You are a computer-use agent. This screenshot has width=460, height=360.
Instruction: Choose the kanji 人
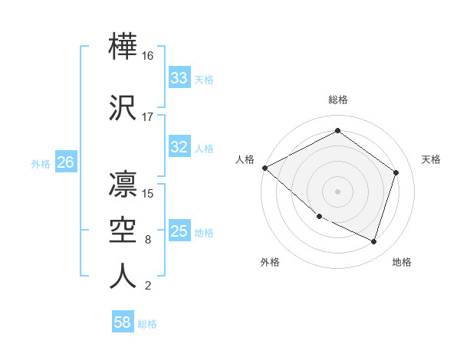123,276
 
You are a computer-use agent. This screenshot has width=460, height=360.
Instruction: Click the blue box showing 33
179,78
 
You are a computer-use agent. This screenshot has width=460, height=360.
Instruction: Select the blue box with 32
179,147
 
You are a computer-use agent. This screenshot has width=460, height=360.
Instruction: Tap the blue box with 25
179,231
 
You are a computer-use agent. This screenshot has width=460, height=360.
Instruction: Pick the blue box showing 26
66,162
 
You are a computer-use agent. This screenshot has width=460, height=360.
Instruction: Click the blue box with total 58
123,322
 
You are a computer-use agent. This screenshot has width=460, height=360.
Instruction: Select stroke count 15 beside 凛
149,193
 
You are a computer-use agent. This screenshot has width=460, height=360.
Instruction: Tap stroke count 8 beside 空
147,240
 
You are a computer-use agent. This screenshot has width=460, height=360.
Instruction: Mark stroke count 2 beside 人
147,286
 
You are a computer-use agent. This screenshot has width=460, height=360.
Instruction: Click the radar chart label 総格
337,100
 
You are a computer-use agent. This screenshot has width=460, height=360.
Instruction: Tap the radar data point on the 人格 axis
264,168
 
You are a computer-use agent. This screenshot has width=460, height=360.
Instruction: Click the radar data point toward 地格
374,241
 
